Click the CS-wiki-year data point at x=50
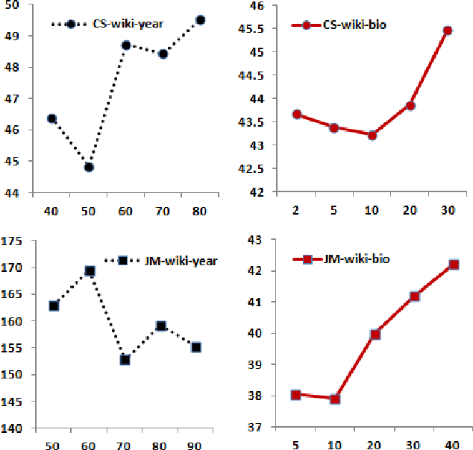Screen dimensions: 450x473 89,167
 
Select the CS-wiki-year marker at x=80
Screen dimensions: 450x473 200,20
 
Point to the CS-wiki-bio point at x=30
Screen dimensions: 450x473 448,31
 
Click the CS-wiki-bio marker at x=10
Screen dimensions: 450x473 372,135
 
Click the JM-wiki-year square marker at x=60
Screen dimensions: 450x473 90,271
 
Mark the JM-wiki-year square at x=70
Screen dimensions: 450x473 125,360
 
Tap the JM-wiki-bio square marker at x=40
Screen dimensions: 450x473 453,264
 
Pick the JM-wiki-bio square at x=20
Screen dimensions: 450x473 375,335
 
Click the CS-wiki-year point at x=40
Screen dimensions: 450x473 51,118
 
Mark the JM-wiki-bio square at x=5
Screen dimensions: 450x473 296,394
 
